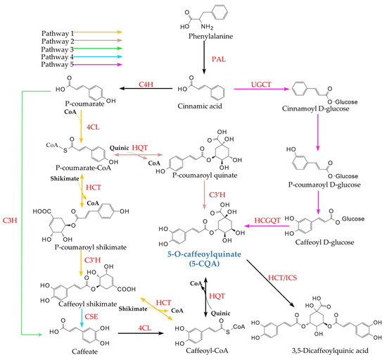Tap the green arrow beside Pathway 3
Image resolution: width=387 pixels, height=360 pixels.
pos(96,50)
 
